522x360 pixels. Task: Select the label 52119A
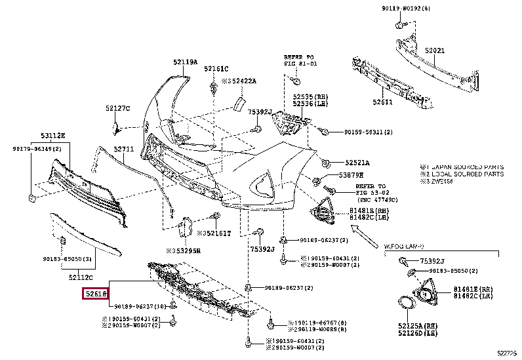pos(185,62)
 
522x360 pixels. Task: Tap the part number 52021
pos(434,50)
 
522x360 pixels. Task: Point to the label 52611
pos(383,102)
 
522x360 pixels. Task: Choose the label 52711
pos(123,149)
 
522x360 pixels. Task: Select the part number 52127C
pos(118,108)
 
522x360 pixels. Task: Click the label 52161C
pos(215,68)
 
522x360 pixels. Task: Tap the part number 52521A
pos(358,163)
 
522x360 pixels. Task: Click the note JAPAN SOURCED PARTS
pos(465,168)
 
